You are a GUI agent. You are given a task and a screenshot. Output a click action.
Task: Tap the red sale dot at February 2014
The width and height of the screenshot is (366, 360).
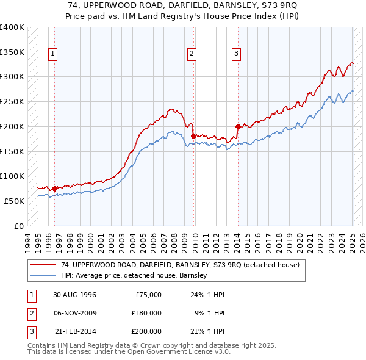tap(238, 126)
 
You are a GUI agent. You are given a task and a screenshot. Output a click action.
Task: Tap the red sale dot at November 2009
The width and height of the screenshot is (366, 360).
tap(193, 136)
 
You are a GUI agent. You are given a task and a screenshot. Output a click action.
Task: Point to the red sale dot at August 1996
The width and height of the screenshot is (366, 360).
tap(55, 189)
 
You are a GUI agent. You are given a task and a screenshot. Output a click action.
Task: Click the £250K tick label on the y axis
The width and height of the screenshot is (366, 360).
tap(12, 102)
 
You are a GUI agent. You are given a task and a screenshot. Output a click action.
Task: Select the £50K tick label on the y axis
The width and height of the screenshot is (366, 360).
tap(14, 201)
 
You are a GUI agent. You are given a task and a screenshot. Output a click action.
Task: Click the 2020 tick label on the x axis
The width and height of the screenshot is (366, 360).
tap(299, 241)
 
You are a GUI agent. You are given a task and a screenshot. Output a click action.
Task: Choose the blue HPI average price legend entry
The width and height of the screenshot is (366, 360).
tap(135, 276)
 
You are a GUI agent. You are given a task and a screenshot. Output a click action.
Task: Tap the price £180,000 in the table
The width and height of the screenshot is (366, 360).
tap(146, 313)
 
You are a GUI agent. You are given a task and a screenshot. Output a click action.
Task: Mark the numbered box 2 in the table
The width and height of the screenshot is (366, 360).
tap(31, 313)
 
